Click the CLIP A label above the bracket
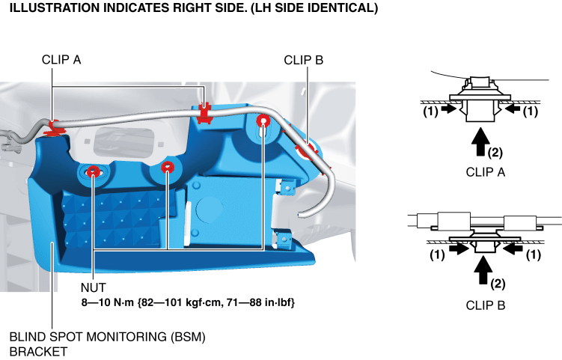click(x=61, y=60)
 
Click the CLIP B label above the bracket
click(x=304, y=60)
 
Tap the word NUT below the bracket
click(x=94, y=287)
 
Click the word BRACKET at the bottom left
click(x=38, y=352)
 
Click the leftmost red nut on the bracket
click(x=93, y=171)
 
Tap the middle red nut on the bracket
click(x=168, y=167)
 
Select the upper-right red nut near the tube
click(x=263, y=121)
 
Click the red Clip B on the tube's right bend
click(x=307, y=150)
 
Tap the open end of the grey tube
click(x=301, y=215)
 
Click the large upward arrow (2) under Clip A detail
click(x=480, y=142)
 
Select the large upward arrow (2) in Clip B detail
click(x=483, y=270)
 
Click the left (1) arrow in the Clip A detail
click(x=449, y=109)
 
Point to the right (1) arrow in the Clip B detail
click(x=513, y=248)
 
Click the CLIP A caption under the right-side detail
click(x=486, y=172)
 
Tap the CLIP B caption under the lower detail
click(x=486, y=305)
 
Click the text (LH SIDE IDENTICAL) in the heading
click(x=314, y=8)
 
